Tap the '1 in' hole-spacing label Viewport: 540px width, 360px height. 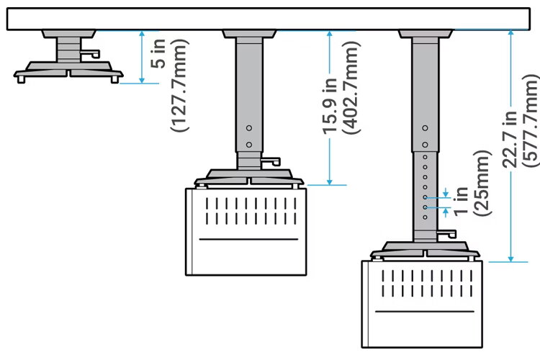[x=462, y=201]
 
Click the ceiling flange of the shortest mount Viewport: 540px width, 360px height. [x=68, y=34]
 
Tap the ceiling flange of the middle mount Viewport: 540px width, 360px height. [x=248, y=34]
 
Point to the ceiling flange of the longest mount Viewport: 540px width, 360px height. [x=426, y=34]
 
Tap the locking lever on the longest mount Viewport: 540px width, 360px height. [x=446, y=233]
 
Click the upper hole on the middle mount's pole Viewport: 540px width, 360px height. [x=249, y=127]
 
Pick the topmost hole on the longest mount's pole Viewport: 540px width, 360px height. [x=426, y=127]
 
